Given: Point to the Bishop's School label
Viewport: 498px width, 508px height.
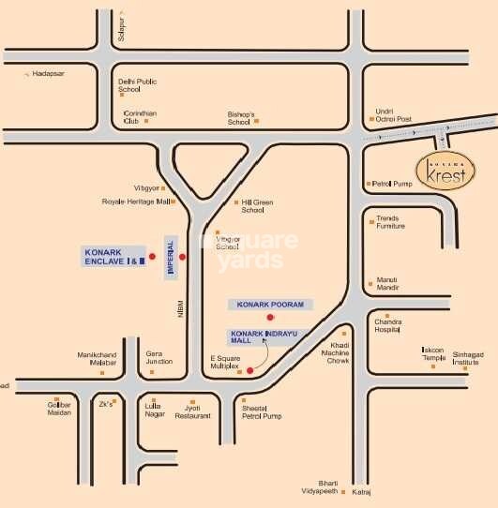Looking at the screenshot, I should pos(240,118).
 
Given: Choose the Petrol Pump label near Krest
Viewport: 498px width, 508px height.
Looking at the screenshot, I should pos(393,184).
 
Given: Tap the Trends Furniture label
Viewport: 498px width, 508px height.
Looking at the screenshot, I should pos(390,222).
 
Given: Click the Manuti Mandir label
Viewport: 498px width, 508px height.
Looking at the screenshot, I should pos(387,283).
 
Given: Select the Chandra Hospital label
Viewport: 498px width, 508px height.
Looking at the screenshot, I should pos(387,326).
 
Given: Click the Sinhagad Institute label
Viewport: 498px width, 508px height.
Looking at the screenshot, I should pos(472,358).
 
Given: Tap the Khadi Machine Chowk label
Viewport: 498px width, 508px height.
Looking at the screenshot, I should pos(338,352).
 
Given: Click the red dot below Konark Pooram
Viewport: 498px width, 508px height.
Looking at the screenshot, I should pos(271,320).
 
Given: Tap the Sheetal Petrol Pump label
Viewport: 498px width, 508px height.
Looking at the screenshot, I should pos(262,411).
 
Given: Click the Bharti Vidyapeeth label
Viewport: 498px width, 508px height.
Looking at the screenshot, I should pos(327,486).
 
